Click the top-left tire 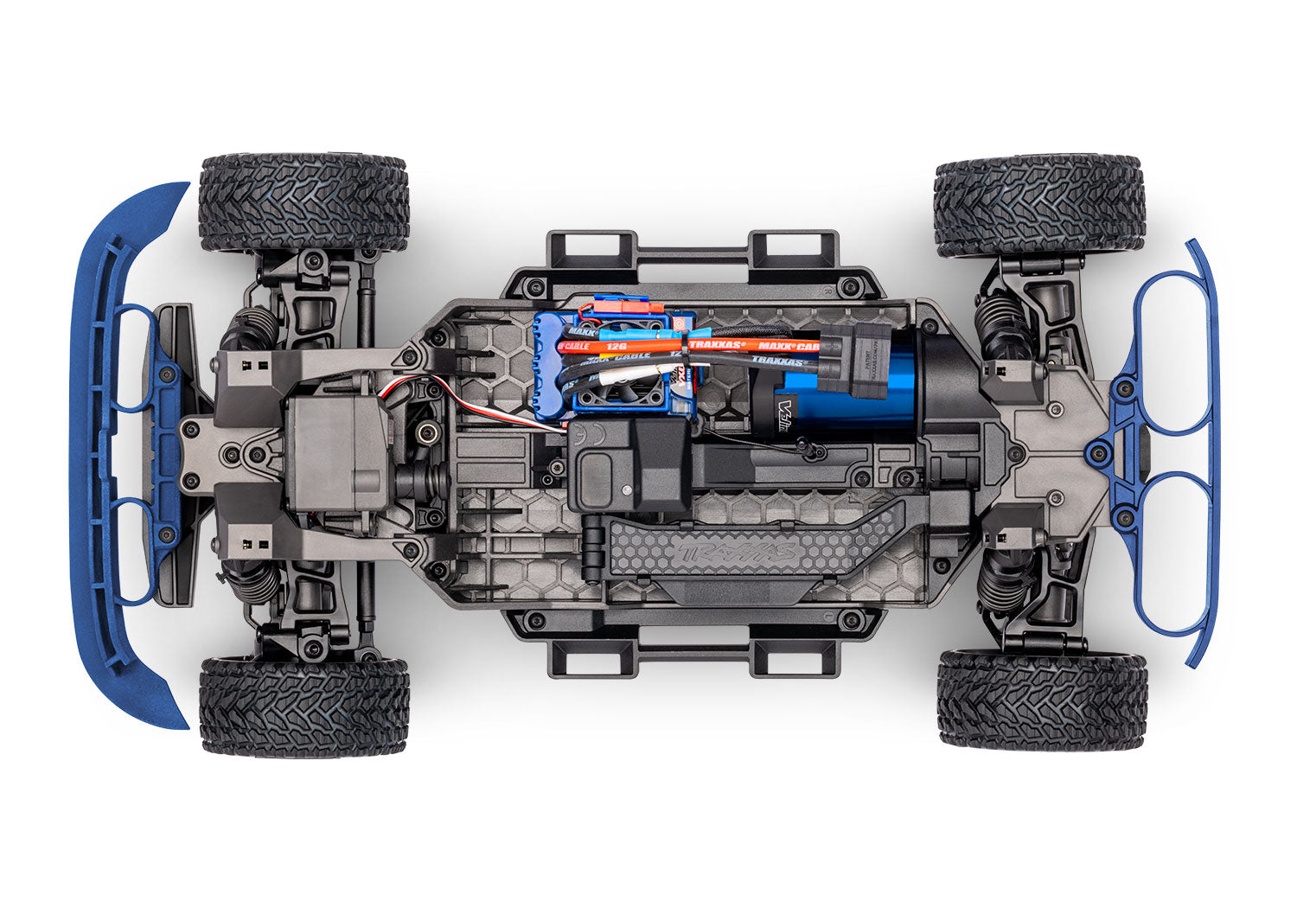point(303,202)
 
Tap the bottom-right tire point(1042,699)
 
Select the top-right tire point(1039,205)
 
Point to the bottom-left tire point(304,707)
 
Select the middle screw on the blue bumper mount point(1099,448)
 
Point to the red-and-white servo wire point(484,405)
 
